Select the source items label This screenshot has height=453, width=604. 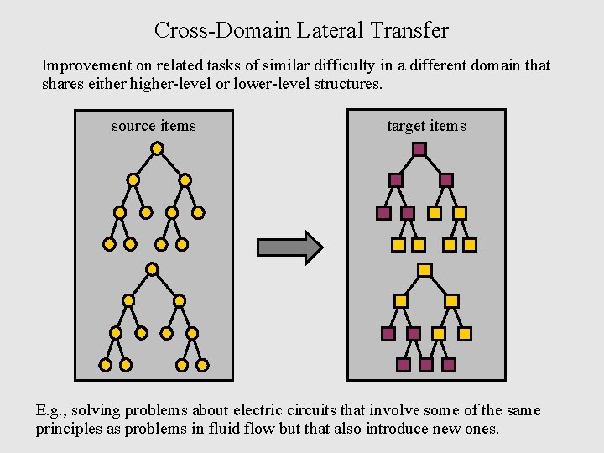pos(154,126)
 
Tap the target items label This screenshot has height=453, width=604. pos(426,126)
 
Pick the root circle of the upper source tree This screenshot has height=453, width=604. pos(157,148)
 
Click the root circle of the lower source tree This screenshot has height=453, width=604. pos(152,269)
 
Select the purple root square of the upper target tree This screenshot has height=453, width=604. pos(420,149)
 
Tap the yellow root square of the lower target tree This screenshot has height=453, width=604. pos(425,270)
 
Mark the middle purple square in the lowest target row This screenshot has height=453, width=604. pos(426,365)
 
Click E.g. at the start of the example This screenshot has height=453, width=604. pos(51,410)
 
